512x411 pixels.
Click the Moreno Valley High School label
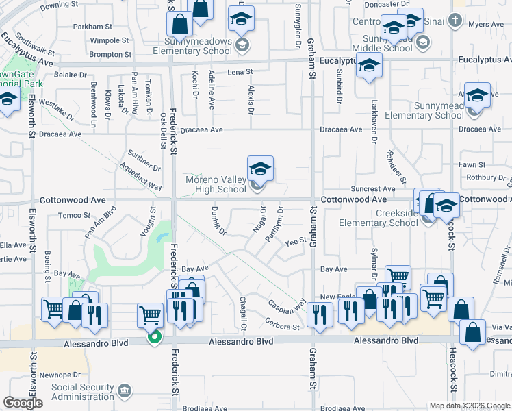pyautogui.click(x=216, y=184)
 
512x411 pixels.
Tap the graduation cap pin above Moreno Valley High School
pyautogui.click(x=260, y=169)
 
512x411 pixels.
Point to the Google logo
pyautogui.click(x=23, y=403)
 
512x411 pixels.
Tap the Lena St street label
pyautogui.click(x=240, y=71)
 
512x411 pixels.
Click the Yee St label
pyautogui.click(x=294, y=240)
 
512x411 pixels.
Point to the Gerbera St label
pyautogui.click(x=282, y=327)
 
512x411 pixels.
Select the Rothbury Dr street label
pyautogui.click(x=484, y=177)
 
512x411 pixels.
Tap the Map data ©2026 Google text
pyautogui.click(x=469, y=406)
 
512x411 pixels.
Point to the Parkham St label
pyautogui.click(x=92, y=27)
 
